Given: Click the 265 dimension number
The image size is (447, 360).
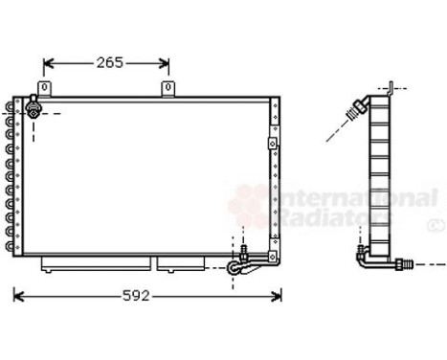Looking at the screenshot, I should tap(108, 63).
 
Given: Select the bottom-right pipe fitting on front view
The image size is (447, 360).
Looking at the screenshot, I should tap(238, 265).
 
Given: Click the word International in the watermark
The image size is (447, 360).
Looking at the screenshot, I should tap(354, 199).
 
